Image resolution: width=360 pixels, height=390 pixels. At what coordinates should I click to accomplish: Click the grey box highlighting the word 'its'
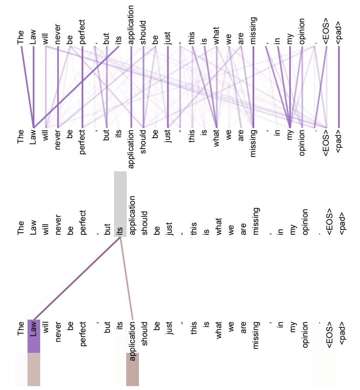pyautogui.click(x=120, y=204)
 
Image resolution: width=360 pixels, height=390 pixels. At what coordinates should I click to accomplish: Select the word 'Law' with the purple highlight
pyautogui.click(x=33, y=328)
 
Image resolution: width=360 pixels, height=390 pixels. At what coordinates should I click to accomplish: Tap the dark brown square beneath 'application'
pyautogui.click(x=132, y=369)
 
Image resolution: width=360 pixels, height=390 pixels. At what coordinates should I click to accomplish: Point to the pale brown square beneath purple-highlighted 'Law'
pyautogui.click(x=34, y=369)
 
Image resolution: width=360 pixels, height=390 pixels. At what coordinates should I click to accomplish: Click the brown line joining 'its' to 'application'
pyautogui.click(x=127, y=279)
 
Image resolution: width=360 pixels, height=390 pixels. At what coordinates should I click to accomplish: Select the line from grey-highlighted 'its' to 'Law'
pyautogui.click(x=77, y=279)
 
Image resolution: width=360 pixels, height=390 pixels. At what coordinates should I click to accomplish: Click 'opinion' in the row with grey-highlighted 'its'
pyautogui.click(x=305, y=222)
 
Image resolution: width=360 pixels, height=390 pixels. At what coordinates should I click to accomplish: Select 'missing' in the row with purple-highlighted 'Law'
pyautogui.click(x=256, y=335)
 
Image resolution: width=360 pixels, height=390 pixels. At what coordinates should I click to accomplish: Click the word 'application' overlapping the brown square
pyautogui.click(x=132, y=341)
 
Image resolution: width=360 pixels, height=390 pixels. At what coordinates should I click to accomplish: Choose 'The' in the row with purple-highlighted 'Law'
pyautogui.click(x=21, y=328)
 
